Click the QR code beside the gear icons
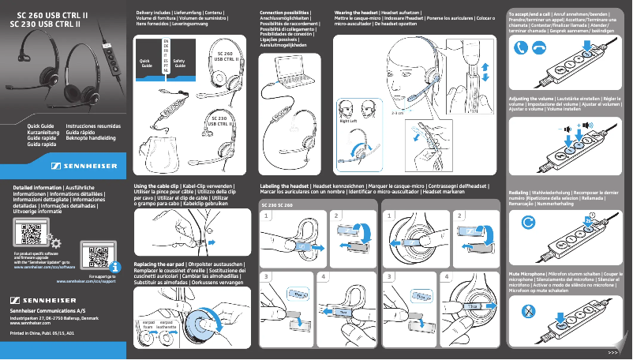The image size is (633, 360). click(x=29, y=235)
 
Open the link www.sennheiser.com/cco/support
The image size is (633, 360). click(x=86, y=281)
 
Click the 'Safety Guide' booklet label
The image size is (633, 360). click(x=179, y=62)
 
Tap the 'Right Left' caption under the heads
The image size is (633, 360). click(x=349, y=121)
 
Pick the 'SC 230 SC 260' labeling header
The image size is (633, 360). click(x=276, y=204)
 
